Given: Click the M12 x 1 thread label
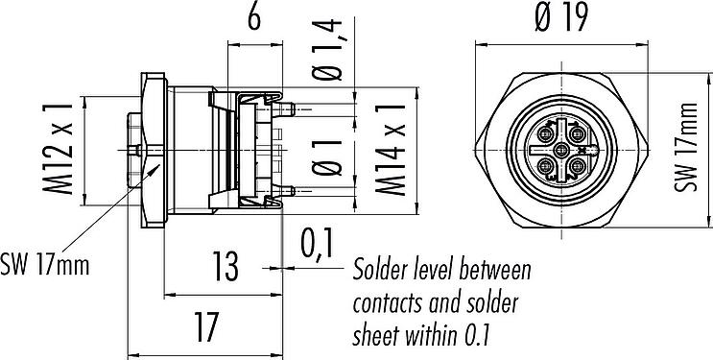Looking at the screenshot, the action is pyautogui.click(x=58, y=149).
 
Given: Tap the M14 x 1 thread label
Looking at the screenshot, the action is pyautogui.click(x=391, y=150).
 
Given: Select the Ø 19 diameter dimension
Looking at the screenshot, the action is pyautogui.click(x=561, y=18).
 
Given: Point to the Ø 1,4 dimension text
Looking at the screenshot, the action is pyautogui.click(x=326, y=50).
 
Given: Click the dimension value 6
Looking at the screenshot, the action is pyautogui.click(x=254, y=19).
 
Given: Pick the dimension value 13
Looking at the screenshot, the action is pyautogui.click(x=226, y=267).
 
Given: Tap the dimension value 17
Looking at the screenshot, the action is pyautogui.click(x=207, y=326).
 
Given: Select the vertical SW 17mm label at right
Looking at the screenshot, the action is pyautogui.click(x=686, y=148).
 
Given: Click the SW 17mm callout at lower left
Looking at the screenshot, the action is pyautogui.click(x=44, y=265).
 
